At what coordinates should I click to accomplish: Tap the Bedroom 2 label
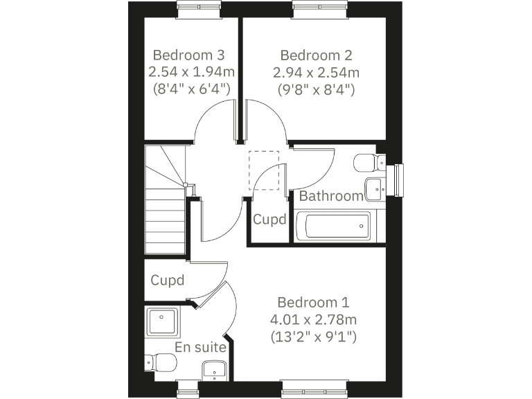coord(316,55)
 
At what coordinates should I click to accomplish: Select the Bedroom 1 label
coord(313,303)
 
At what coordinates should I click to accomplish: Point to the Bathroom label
coord(330,196)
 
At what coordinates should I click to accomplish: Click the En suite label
coord(200,347)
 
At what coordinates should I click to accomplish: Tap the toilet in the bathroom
coord(367,163)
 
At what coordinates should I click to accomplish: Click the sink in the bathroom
coord(374,186)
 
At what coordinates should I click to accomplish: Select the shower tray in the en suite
coord(162,323)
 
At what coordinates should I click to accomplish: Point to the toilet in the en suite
coord(161,362)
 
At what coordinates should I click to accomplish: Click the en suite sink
coord(214,371)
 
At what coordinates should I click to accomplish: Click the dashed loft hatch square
coord(263,170)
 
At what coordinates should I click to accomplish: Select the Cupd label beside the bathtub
coord(269,220)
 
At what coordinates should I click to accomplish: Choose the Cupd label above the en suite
coord(168,281)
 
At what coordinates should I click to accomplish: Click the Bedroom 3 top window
coord(198,9)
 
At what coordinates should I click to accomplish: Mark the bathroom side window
coord(398,181)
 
